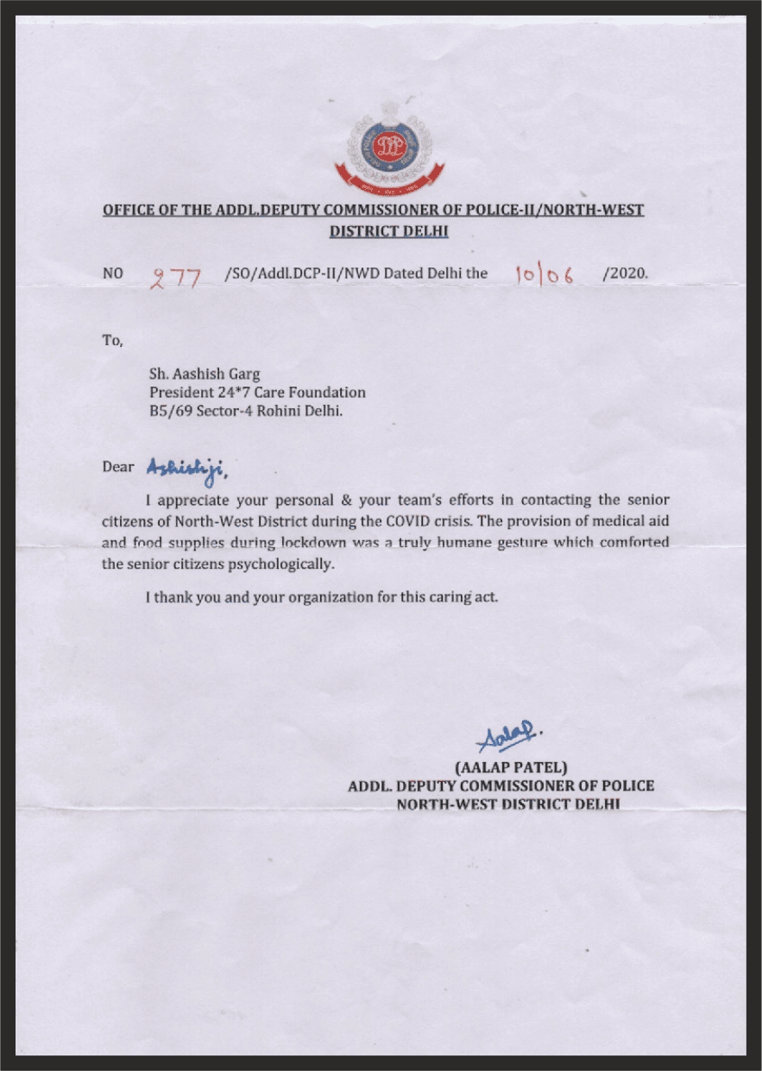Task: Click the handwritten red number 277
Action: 176,277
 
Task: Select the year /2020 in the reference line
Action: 626,274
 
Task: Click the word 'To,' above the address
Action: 112,340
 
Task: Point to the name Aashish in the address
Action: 200,375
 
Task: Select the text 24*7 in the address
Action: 230,393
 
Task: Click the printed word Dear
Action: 118,467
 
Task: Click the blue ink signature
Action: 503,736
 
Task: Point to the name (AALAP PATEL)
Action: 509,766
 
